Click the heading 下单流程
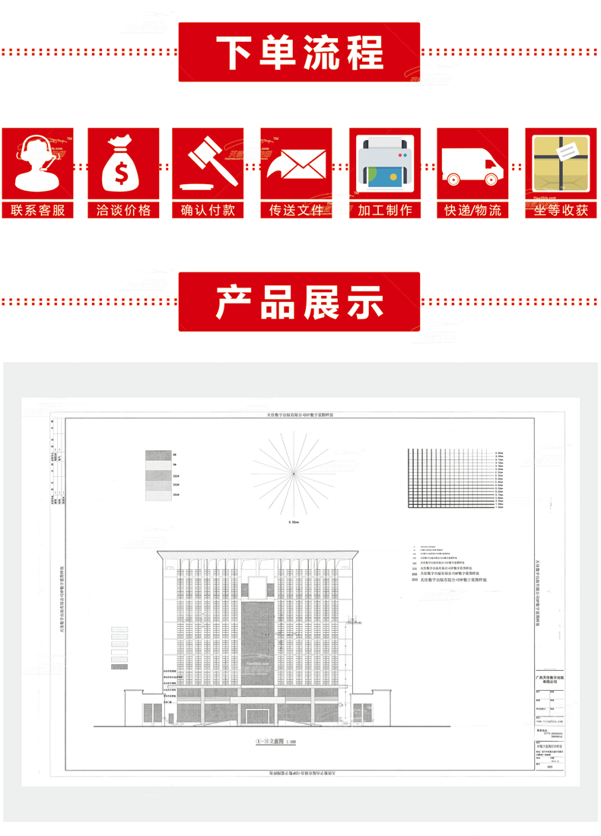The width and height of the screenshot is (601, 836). [300, 52]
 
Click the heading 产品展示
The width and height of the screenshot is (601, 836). [300, 301]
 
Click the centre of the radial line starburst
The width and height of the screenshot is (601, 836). [293, 474]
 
